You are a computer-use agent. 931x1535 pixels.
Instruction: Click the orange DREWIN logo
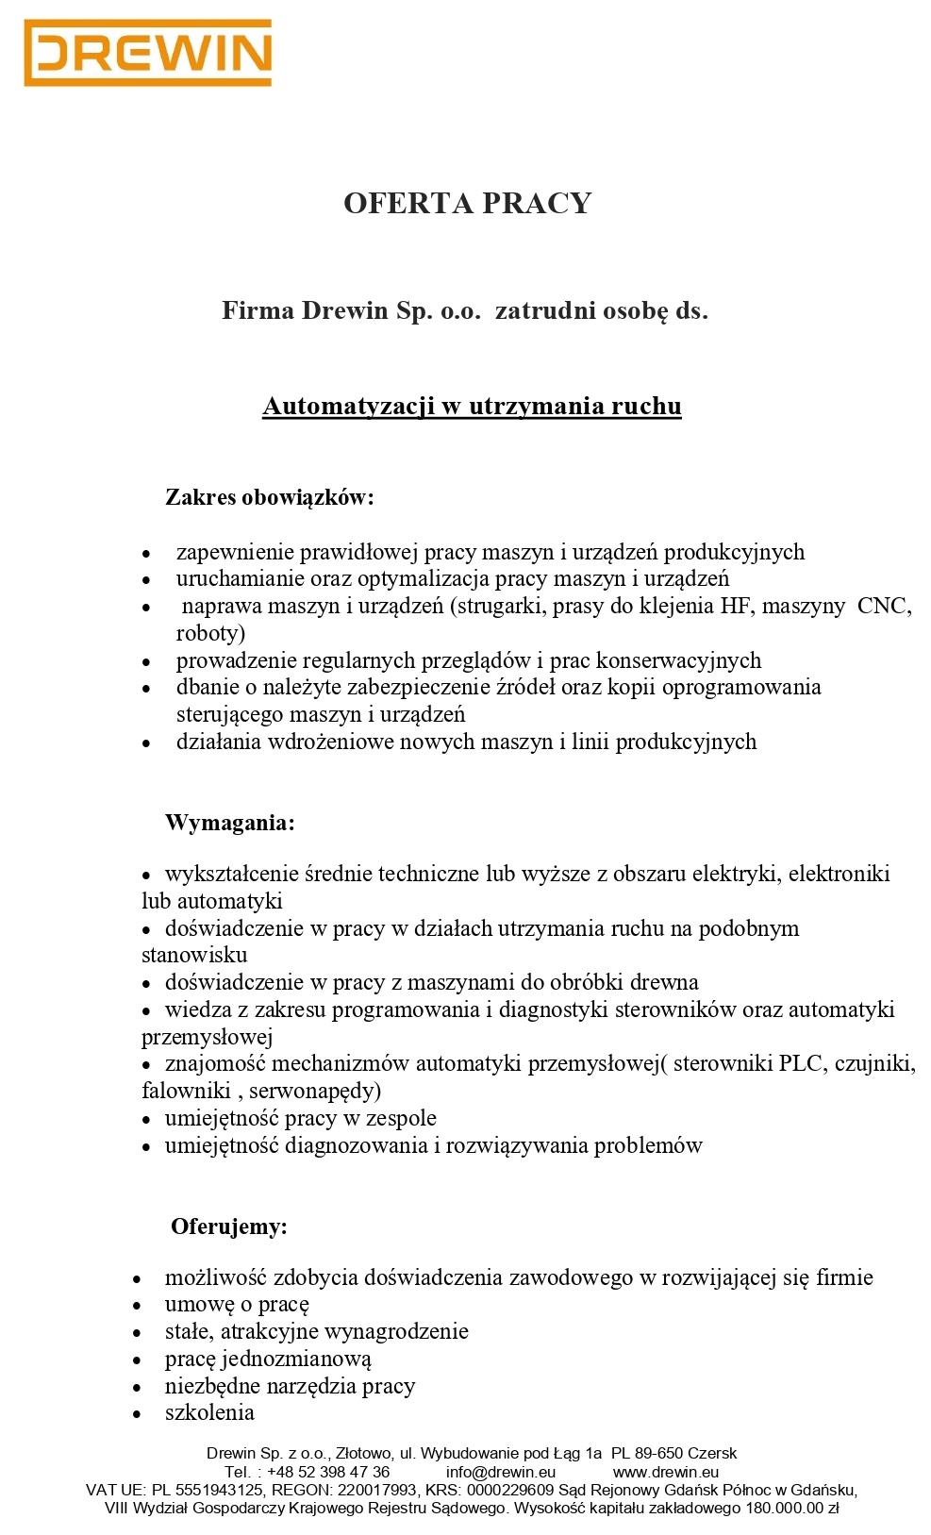tap(148, 53)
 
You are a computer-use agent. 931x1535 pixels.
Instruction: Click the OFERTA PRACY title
tap(467, 203)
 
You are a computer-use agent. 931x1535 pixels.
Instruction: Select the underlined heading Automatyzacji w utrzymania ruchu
tap(472, 406)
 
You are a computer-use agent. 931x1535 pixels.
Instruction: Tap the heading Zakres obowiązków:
tap(270, 497)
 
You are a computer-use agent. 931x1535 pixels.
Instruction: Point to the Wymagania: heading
tap(230, 823)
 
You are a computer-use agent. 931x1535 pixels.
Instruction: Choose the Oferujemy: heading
tap(229, 1226)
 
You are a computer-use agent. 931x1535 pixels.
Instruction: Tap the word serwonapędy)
tap(315, 1092)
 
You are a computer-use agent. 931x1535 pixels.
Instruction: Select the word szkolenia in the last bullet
tap(209, 1412)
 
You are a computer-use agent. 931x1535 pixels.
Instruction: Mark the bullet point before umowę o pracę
tap(138, 1307)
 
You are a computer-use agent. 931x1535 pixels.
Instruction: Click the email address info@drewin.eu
tap(501, 1472)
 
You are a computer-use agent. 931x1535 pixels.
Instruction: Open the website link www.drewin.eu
tap(666, 1472)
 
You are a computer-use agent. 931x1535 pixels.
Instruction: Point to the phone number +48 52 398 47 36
tap(328, 1472)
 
